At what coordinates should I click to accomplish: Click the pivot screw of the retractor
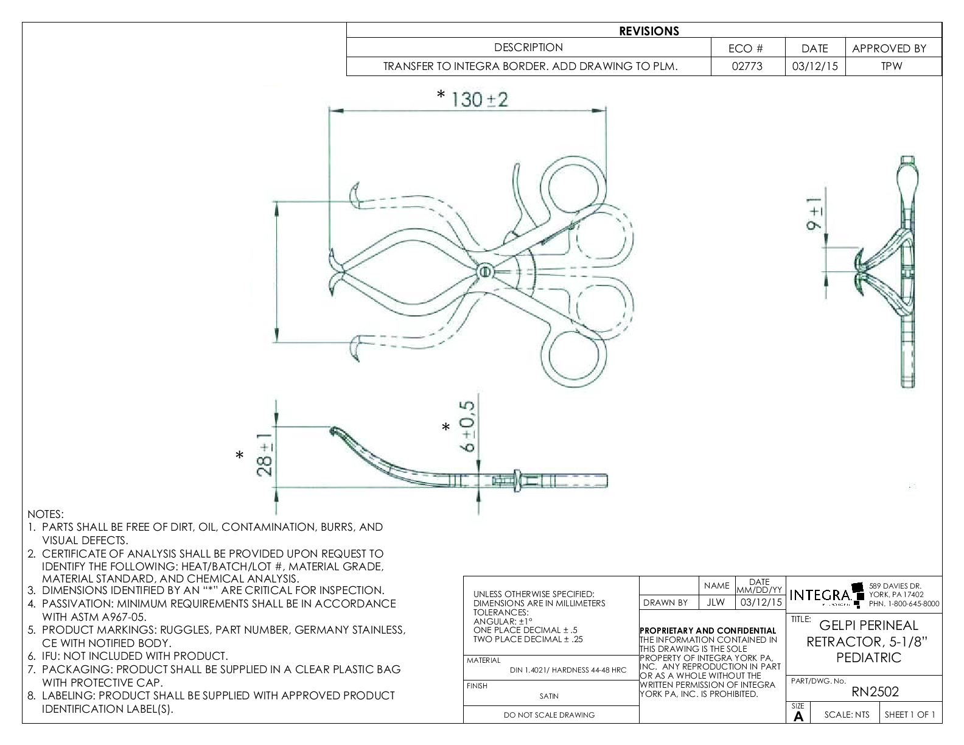[x=484, y=271]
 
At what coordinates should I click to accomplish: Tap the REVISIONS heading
[x=649, y=31]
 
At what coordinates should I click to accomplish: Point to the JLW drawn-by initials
[x=716, y=603]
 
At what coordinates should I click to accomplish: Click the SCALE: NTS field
[x=847, y=715]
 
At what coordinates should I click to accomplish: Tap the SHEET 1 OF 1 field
[x=910, y=715]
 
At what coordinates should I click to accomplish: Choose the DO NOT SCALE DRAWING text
[x=549, y=715]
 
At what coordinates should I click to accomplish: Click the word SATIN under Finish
[x=549, y=696]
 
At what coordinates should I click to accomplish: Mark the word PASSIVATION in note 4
[x=77, y=604]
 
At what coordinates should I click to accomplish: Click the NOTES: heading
[x=46, y=515]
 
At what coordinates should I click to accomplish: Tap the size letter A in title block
[x=798, y=716]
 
